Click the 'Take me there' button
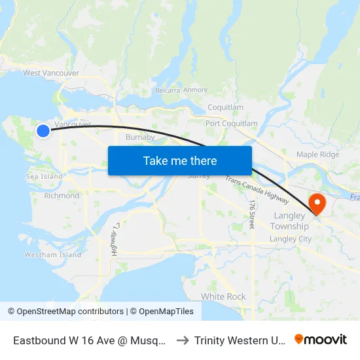[179, 160]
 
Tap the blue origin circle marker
[43, 131]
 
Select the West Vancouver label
[51, 73]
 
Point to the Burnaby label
[139, 137]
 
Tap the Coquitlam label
[225, 107]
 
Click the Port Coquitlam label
[231, 124]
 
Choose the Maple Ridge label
[317, 154]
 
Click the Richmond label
[62, 196]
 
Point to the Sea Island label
[45, 177]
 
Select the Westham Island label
[53, 255]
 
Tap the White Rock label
[223, 297]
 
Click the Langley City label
[291, 239]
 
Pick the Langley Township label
[289, 221]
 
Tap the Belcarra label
[167, 90]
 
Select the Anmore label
[196, 90]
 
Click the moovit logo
[320, 339]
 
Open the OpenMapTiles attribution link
[162, 312]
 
